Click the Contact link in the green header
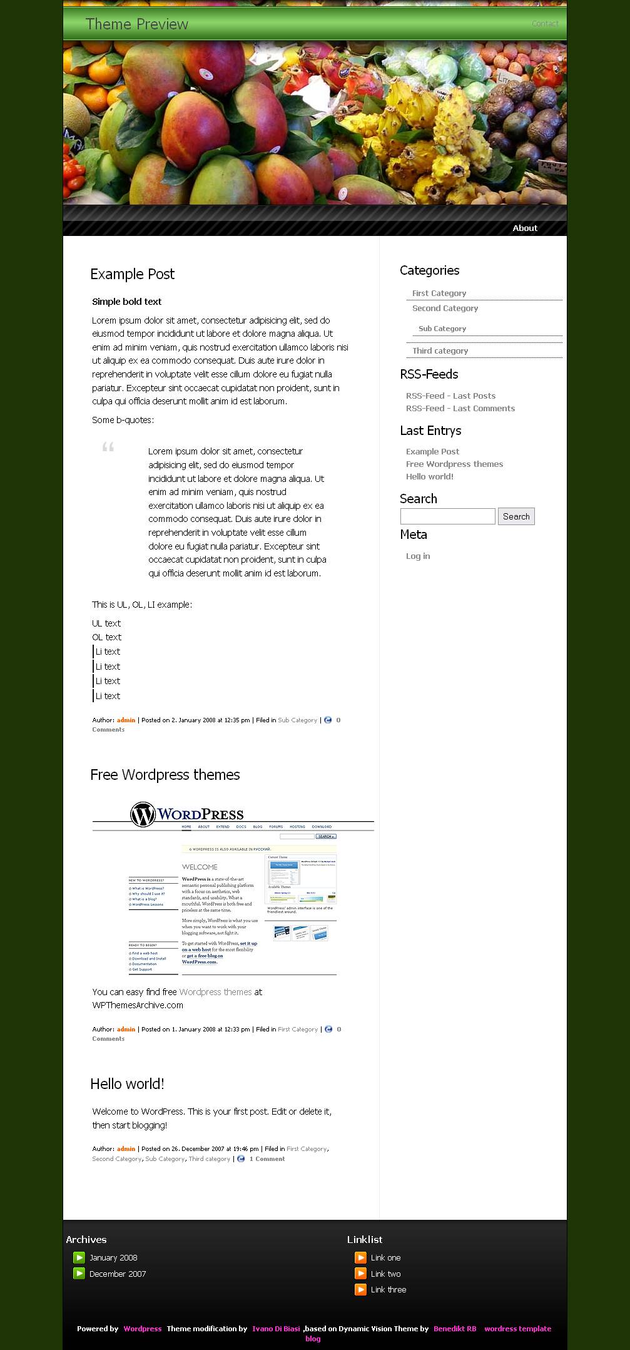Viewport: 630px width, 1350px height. pyautogui.click(x=545, y=24)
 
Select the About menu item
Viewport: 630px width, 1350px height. pyautogui.click(x=525, y=228)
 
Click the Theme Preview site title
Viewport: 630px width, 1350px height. pyautogui.click(x=137, y=24)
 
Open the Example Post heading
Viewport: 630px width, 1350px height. pyautogui.click(x=132, y=274)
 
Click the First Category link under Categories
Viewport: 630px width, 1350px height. pyautogui.click(x=439, y=294)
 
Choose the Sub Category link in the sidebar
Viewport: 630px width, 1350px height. pyautogui.click(x=442, y=329)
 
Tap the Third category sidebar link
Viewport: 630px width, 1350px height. pyautogui.click(x=440, y=351)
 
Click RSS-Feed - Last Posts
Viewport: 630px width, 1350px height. pyautogui.click(x=450, y=396)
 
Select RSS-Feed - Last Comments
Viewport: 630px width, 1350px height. pyautogui.click(x=460, y=409)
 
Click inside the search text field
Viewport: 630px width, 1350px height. pyautogui.click(x=447, y=516)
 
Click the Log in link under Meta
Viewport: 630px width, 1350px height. pyautogui.click(x=418, y=556)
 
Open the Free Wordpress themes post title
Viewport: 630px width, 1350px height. pyautogui.click(x=165, y=775)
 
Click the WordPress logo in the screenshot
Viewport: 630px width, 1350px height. pyautogui.click(x=187, y=814)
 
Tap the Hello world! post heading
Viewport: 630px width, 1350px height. pyautogui.click(x=127, y=1084)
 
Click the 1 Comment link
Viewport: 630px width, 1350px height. pyautogui.click(x=267, y=1158)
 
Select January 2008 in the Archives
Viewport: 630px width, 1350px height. pyautogui.click(x=113, y=1257)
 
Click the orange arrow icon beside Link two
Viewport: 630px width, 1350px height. pyautogui.click(x=360, y=1273)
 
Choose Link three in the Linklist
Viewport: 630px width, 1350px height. pyautogui.click(x=389, y=1289)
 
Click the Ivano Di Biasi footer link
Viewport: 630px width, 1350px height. pyautogui.click(x=276, y=1328)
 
